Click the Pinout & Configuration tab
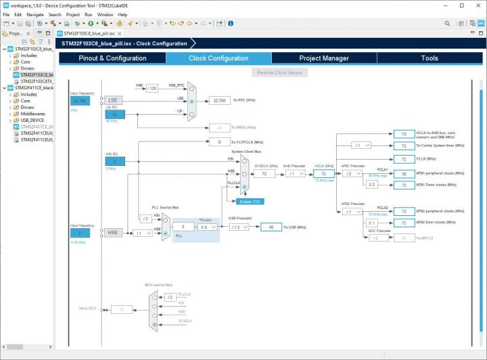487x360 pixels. tap(112, 58)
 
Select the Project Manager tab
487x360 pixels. tap(324, 58)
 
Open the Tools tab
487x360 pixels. tap(430, 58)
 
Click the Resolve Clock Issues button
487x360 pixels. tap(279, 72)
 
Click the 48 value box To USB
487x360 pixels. tap(271, 227)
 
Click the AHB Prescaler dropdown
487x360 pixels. tap(296, 173)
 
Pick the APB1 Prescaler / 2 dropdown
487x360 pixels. tap(352, 173)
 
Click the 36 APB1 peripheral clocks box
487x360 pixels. tap(404, 173)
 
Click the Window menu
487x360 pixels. tap(105, 14)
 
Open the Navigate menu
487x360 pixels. tap(34, 14)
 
